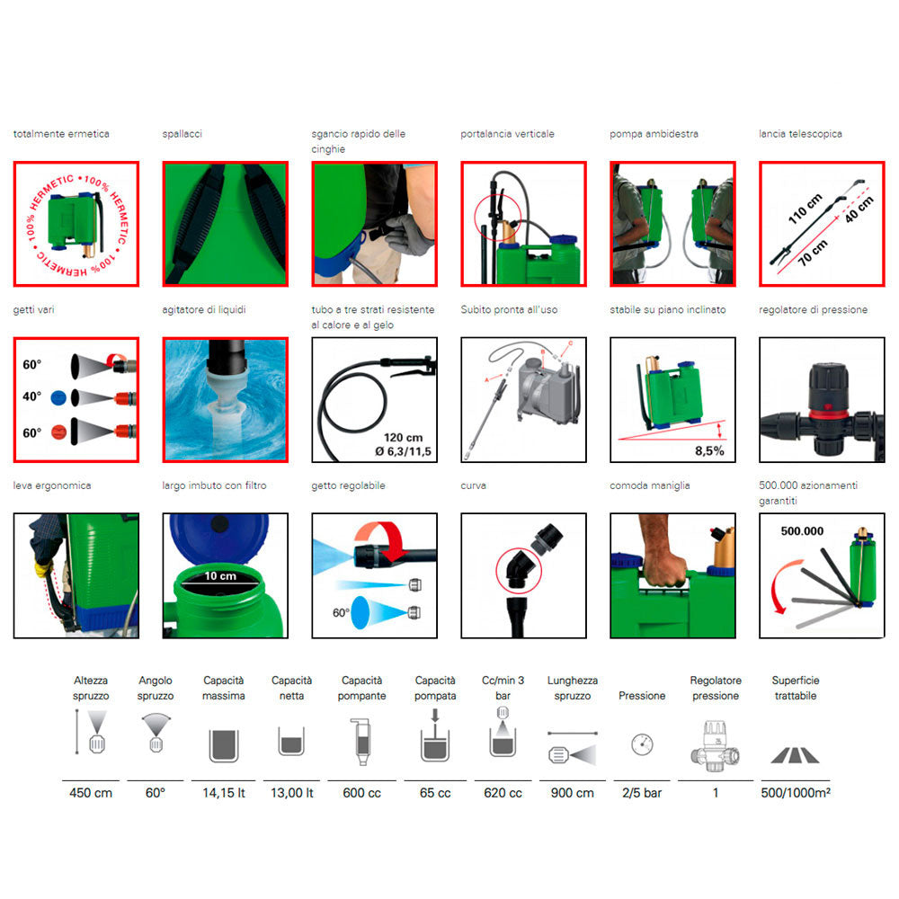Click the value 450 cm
pos(91,793)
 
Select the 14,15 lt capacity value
pos(224,793)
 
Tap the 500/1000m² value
pos(796,793)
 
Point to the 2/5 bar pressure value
pos(642,793)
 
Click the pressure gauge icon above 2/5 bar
pos(642,744)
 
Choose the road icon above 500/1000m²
pos(796,756)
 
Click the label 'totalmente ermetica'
pos(61,134)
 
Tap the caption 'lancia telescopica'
pos(800,134)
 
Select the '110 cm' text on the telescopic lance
pos(805,209)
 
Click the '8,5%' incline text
pos(709,450)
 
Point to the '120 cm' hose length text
pos(403,438)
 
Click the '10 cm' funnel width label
pos(220,575)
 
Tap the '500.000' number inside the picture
pos(802,531)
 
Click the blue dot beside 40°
pos(58,397)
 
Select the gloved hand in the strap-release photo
pos(408,234)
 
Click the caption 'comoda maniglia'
pos(650,485)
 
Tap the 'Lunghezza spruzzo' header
pos(572,688)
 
